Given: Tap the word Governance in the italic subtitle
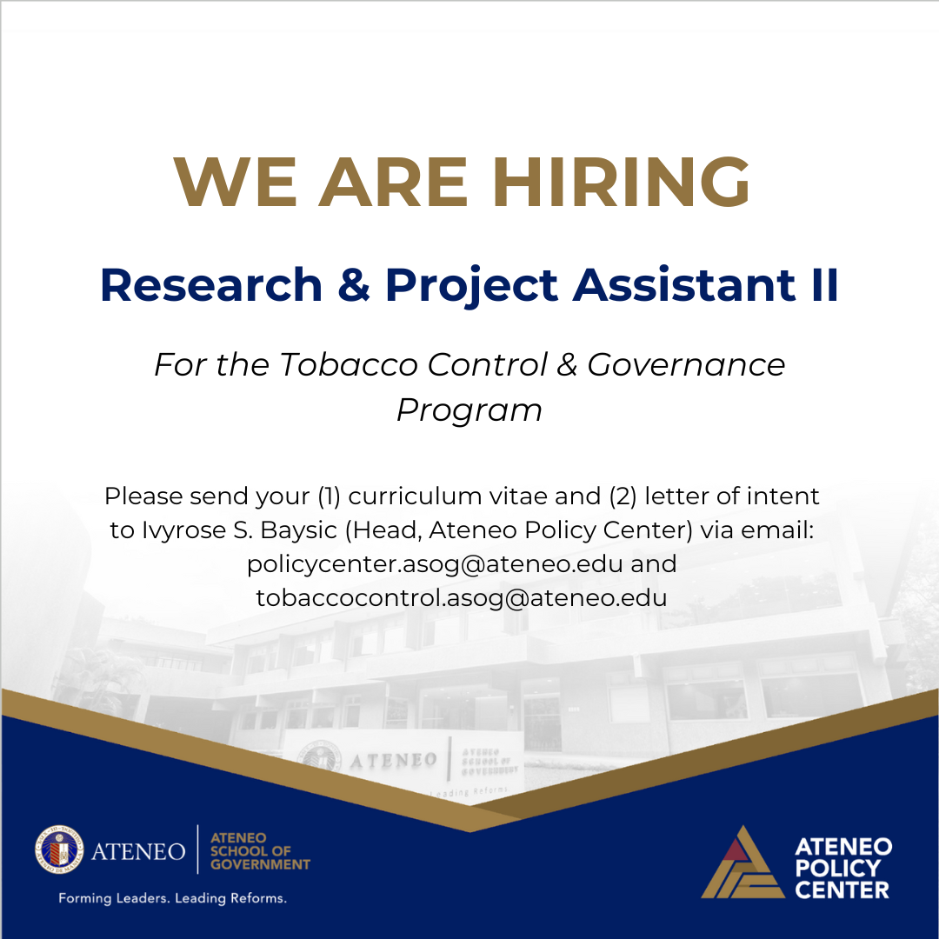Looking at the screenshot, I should pyautogui.click(x=686, y=364).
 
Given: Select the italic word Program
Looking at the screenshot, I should pyautogui.click(x=469, y=410).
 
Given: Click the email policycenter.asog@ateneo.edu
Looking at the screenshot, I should pyautogui.click(x=435, y=564).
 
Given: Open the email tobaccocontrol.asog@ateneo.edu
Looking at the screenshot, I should pyautogui.click(x=462, y=598).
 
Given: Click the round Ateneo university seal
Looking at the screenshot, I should pyautogui.click(x=59, y=850).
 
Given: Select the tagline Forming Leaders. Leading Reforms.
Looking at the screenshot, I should pyautogui.click(x=172, y=898).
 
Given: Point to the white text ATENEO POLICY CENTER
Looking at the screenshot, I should pyautogui.click(x=842, y=868).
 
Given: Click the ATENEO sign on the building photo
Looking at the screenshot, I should pyautogui.click(x=393, y=760).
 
